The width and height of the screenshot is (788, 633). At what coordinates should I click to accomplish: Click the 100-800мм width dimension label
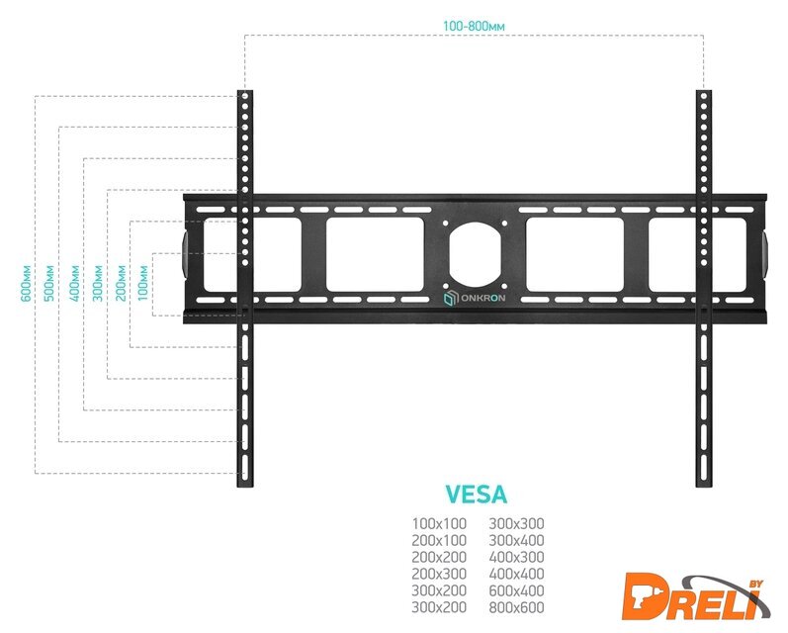coord(474,24)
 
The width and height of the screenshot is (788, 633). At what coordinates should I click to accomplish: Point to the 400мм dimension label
coord(74,282)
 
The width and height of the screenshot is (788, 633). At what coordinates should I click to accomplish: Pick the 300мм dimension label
coord(98,282)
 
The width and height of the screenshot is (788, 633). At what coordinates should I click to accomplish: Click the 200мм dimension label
coord(122,282)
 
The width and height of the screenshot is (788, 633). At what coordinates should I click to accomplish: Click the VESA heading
coord(477,494)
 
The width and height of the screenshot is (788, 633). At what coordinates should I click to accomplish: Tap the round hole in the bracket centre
coord(476,253)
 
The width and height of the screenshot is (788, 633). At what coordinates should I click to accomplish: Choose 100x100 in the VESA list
coord(438,523)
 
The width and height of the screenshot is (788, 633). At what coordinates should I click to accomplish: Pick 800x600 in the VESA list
coord(517,606)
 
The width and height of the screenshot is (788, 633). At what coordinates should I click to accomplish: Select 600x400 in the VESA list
coord(517,589)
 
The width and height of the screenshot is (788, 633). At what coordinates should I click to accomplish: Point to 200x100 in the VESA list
coord(438,540)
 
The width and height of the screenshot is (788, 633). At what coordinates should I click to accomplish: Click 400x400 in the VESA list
coord(517,573)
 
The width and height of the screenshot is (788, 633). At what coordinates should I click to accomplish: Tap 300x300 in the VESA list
coord(517,523)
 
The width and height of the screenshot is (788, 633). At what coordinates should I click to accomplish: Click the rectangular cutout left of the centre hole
coord(376,254)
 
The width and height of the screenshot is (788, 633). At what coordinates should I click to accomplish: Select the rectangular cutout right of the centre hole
coord(574,254)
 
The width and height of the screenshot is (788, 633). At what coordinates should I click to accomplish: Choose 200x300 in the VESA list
coord(438,573)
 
